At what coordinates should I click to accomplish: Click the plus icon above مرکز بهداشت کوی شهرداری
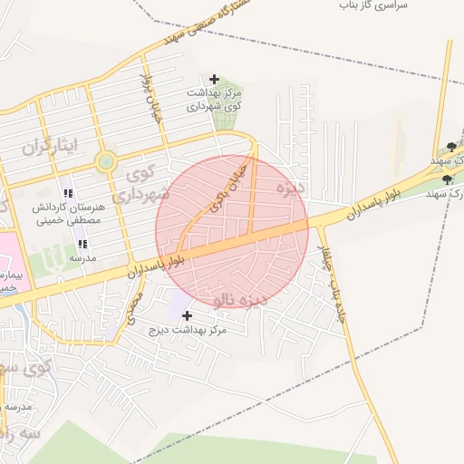(x=214, y=80)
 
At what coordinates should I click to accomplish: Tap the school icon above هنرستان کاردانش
(x=67, y=193)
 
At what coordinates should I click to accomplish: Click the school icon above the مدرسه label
(x=82, y=244)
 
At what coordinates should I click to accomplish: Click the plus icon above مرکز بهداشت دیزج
(x=188, y=315)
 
